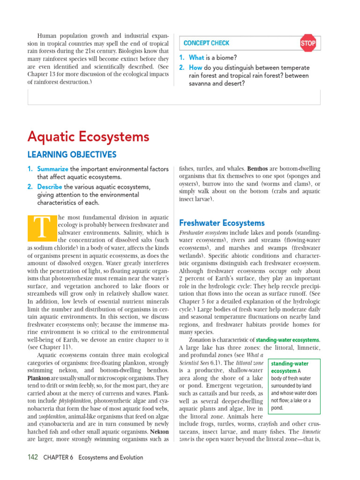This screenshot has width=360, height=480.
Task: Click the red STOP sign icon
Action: pyautogui.click(x=308, y=43)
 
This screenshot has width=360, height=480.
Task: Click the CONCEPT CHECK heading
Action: pyautogui.click(x=206, y=43)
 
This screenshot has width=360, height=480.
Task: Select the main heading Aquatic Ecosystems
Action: pyautogui.click(x=88, y=137)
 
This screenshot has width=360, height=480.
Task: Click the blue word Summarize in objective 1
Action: pyautogui.click(x=53, y=169)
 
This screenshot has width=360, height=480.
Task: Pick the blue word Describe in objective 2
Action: pyautogui.click(x=50, y=187)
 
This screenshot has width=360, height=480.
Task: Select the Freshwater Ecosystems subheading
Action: pyautogui.click(x=222, y=223)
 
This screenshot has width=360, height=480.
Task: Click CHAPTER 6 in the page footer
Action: pyautogui.click(x=58, y=457)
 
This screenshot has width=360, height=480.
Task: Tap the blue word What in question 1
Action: pyautogui.click(x=196, y=58)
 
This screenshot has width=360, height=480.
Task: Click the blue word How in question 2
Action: pyautogui.click(x=195, y=67)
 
